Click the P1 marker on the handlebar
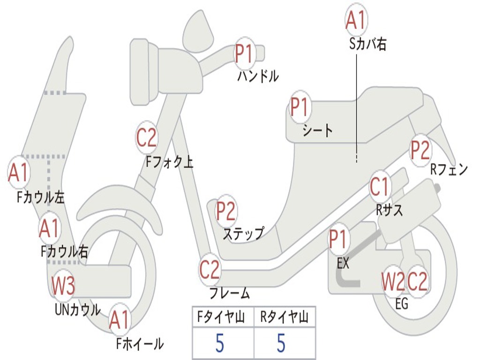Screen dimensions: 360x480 click(x=244, y=53)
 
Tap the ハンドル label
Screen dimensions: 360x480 click(x=258, y=76)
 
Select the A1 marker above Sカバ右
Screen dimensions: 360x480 click(x=355, y=20)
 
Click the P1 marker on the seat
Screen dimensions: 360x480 click(x=300, y=107)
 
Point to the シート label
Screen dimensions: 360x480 click(x=317, y=130)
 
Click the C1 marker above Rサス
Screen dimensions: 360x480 click(x=380, y=187)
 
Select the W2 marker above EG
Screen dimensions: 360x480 click(x=392, y=282)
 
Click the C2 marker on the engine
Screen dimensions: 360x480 click(x=417, y=282)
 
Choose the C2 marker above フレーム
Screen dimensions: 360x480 click(x=209, y=270)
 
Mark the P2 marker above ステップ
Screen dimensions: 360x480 click(x=225, y=211)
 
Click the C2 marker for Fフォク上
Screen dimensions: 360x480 click(x=147, y=137)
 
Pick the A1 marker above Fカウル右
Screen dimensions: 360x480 click(x=49, y=228)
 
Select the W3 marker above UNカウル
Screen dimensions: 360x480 click(x=63, y=285)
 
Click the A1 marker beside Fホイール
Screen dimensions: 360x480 click(x=119, y=321)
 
